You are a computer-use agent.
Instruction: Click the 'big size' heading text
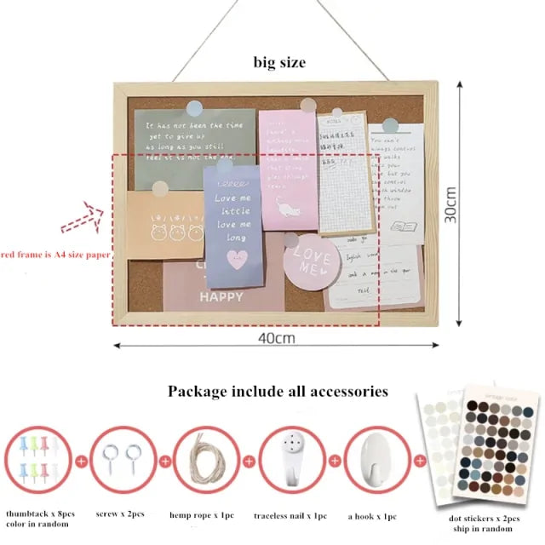[x=278, y=62]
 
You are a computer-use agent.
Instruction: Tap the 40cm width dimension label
[x=278, y=337]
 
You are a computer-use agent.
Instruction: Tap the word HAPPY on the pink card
[x=221, y=297]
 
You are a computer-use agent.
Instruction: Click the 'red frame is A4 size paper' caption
[x=55, y=254]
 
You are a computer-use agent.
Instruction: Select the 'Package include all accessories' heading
[x=278, y=392]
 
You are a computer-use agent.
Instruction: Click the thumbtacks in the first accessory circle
[x=38, y=459]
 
